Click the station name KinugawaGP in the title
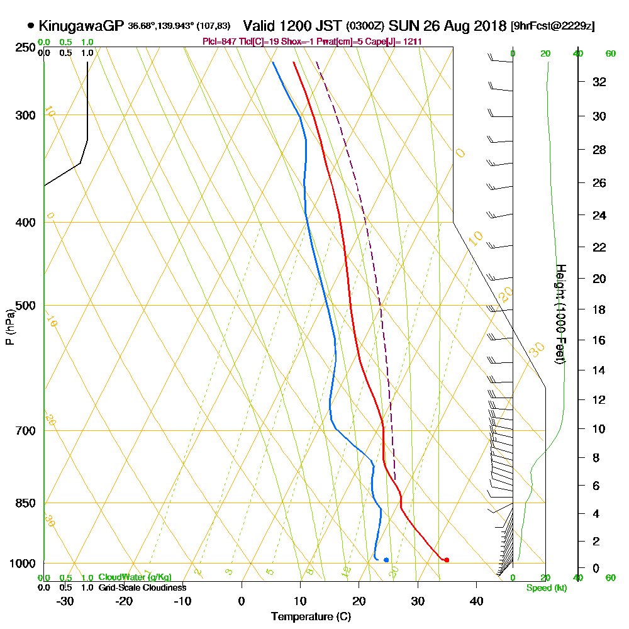pyautogui.click(x=81, y=26)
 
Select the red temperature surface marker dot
pyautogui.click(x=447, y=560)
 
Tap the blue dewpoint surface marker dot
pyautogui.click(x=386, y=560)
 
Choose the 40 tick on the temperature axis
pyautogui.click(x=476, y=601)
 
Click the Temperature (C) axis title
pyautogui.click(x=311, y=617)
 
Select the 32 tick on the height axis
pyautogui.click(x=599, y=82)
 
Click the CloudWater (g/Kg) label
pyautogui.click(x=134, y=577)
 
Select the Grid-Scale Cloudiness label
pyautogui.click(x=142, y=587)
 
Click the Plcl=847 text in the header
pyautogui.click(x=218, y=42)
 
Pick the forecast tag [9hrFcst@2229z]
pyautogui.click(x=552, y=26)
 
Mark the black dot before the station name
pyautogui.click(x=31, y=26)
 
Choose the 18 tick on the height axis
pyautogui.click(x=599, y=309)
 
